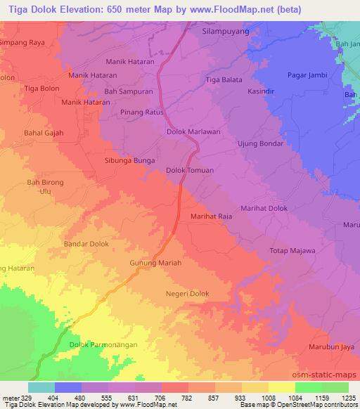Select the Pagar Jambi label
[x=308, y=74]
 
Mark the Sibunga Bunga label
[x=129, y=160]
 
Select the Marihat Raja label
[x=212, y=217]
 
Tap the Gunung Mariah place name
[x=156, y=263]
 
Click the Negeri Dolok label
[x=188, y=294]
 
